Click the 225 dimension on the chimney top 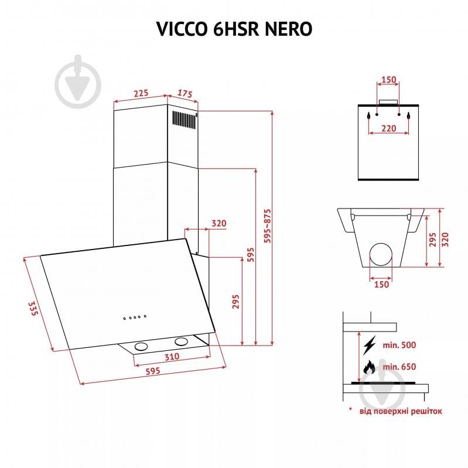(x=140, y=93)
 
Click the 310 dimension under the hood (x=172, y=357)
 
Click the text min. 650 (x=399, y=367)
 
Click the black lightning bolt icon (x=369, y=344)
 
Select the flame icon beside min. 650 (x=369, y=367)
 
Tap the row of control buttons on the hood (x=134, y=318)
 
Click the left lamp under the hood (x=141, y=347)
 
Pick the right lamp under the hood (x=181, y=341)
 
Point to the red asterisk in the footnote (x=350, y=409)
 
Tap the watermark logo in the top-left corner (x=78, y=83)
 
